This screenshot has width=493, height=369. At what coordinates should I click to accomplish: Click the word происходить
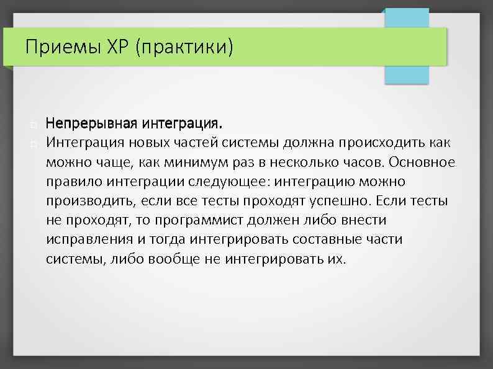pos(384,143)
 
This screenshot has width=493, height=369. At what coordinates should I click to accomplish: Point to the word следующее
pos(233,182)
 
